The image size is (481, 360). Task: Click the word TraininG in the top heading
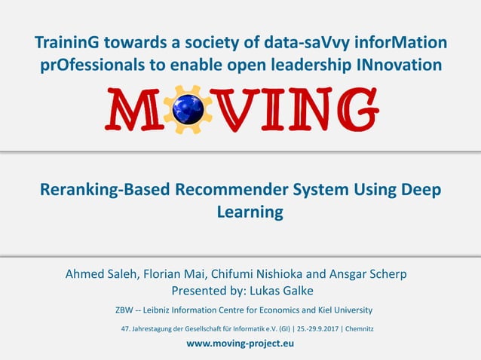tap(68, 43)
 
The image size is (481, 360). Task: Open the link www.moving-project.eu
tap(240, 343)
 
